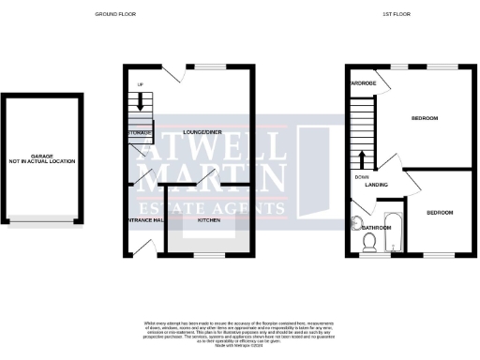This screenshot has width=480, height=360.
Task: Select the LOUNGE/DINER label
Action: (x=201, y=131)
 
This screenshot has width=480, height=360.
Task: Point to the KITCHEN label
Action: (x=208, y=218)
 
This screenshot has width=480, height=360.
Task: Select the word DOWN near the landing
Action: (x=362, y=176)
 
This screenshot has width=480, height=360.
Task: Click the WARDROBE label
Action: (x=362, y=83)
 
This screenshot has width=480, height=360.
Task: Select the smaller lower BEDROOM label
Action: (x=440, y=213)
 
